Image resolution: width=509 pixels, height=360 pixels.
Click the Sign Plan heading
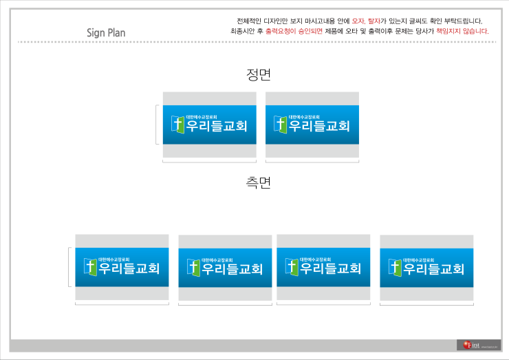click(106, 32)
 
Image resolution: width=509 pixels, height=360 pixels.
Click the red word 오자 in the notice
click(358, 21)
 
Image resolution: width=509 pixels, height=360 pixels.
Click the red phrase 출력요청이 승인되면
click(294, 31)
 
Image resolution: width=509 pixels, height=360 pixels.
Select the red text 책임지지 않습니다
click(462, 31)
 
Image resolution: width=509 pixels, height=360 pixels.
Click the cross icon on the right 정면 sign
click(280, 124)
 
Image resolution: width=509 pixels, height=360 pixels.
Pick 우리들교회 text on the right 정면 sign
click(319, 127)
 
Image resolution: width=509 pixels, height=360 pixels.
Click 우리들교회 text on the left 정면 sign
click(216, 127)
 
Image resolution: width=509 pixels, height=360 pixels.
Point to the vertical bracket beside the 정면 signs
click(157, 125)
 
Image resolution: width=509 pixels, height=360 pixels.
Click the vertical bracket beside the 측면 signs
click(69, 267)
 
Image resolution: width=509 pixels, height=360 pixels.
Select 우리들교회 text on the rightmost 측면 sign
click(433, 269)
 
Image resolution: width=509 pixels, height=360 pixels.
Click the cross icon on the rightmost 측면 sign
click(395, 267)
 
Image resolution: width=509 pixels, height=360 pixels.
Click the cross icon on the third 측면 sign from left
click(292, 267)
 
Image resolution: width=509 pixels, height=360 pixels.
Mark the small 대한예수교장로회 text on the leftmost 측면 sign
click(113, 260)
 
